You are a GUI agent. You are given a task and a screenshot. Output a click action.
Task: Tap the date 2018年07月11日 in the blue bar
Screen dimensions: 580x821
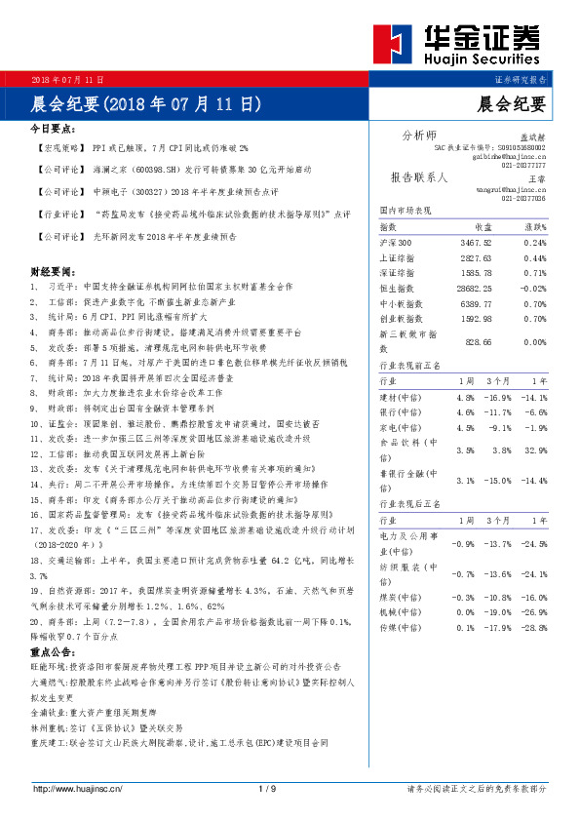(x=68, y=78)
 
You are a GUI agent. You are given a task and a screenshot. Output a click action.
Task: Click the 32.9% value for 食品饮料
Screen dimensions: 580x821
(x=534, y=450)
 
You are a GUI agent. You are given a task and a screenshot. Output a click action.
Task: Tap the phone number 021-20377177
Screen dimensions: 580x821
(x=523, y=165)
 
